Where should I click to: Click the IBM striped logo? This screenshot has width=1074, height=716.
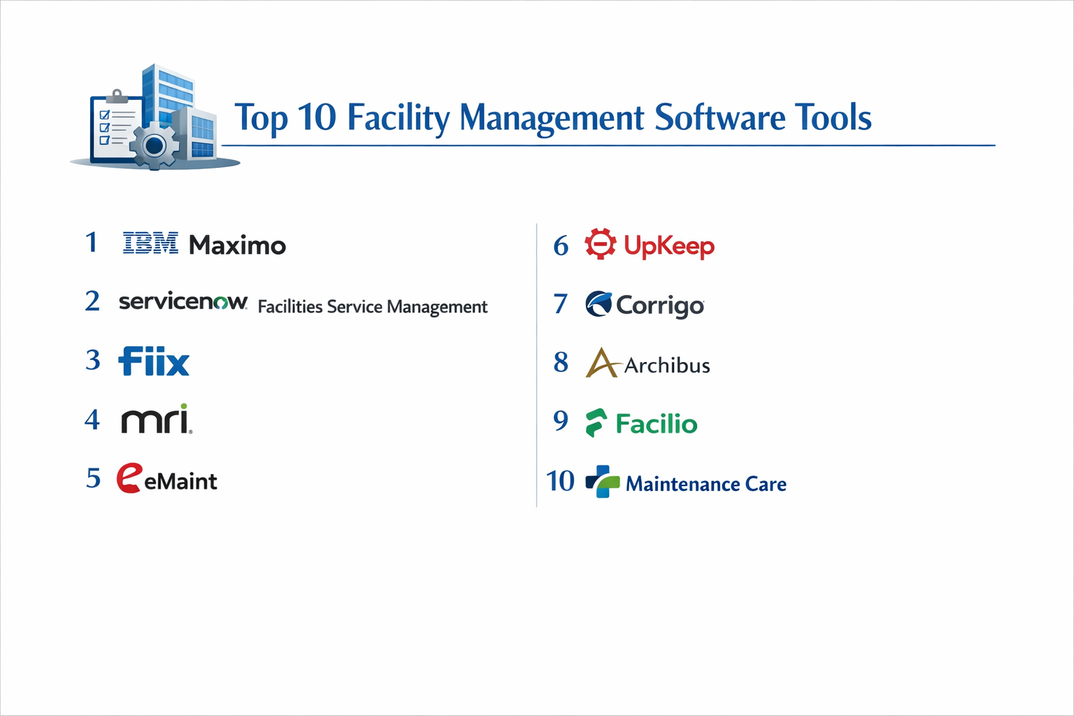click(150, 243)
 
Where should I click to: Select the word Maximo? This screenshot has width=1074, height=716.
click(237, 245)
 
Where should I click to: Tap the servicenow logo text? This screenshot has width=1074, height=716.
click(182, 301)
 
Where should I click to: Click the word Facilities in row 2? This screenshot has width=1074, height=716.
click(290, 307)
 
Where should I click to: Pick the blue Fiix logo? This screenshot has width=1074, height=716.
click(154, 361)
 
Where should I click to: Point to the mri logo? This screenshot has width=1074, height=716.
click(156, 420)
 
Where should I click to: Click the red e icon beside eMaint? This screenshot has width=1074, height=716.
click(129, 478)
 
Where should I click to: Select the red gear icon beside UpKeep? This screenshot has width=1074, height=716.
click(600, 244)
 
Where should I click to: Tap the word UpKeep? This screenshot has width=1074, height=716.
click(669, 246)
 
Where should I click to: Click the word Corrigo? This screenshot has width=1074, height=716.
click(659, 306)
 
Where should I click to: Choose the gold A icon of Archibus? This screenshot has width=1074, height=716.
click(601, 363)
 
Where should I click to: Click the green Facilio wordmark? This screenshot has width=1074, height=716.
click(656, 424)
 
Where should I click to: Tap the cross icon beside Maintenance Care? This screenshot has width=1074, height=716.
click(602, 482)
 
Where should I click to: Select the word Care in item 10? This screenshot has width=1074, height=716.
click(766, 484)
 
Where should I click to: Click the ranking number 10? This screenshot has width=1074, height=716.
click(560, 481)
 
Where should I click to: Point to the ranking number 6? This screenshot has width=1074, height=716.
click(561, 245)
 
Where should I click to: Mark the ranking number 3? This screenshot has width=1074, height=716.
click(93, 360)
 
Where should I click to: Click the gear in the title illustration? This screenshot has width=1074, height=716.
click(155, 145)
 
